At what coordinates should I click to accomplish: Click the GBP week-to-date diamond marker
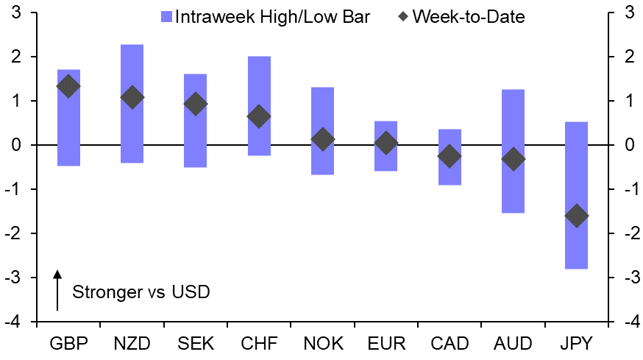68,86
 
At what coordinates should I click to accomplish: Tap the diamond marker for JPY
576,216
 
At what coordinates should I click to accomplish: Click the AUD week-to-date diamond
513,158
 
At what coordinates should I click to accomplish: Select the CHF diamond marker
259,116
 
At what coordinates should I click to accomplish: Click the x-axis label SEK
195,343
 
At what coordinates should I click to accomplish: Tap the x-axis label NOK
322,343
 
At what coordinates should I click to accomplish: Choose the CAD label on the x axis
450,343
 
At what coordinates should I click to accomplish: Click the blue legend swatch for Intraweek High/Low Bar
165,16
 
